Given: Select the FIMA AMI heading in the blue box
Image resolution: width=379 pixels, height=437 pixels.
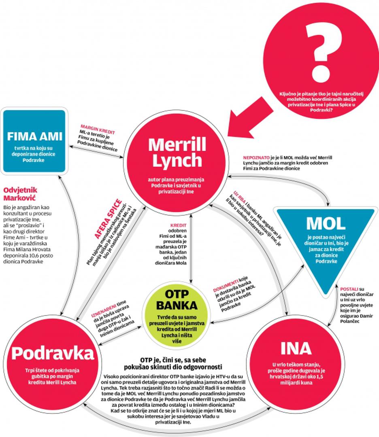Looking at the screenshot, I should [34, 135].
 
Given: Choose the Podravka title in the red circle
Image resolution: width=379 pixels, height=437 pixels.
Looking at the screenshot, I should [53, 353].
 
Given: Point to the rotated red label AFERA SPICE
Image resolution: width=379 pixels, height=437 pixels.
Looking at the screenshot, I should [108, 218].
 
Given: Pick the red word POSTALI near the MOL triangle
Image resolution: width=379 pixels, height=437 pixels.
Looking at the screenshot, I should [349, 289].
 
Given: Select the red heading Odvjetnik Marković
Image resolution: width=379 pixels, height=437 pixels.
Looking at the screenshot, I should [20, 193].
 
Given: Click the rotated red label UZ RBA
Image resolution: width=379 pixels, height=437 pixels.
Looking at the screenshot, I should [240, 197].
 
